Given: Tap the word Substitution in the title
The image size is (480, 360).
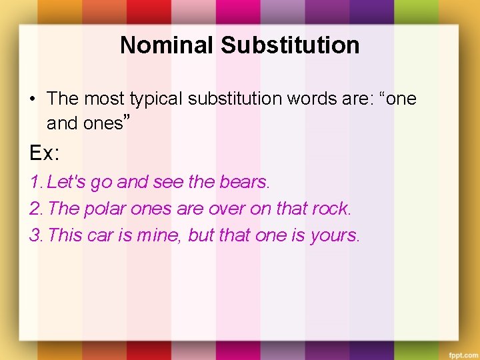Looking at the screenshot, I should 290,45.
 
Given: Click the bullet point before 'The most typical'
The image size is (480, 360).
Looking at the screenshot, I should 32,99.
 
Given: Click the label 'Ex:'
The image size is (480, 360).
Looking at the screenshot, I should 44,153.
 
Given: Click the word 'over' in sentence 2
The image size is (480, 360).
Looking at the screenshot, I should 227,208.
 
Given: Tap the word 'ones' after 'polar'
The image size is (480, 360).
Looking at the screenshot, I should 151,208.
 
